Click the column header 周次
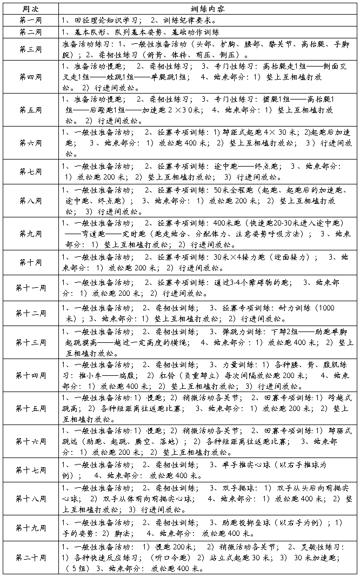pos(30,10)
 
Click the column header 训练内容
pos(208,10)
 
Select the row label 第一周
pos(30,21)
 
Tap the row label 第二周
pos(30,32)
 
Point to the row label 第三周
pos(30,49)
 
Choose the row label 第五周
pos(30,110)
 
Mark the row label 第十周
pos(30,262)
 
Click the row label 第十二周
pos(30,313)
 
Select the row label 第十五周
pos(30,407)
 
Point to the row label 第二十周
pos(30,557)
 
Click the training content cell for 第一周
pos(208,21)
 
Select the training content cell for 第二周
pos(208,32)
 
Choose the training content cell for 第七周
pos(208,171)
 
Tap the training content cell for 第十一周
pos(208,288)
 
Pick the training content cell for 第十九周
pos(208,527)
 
